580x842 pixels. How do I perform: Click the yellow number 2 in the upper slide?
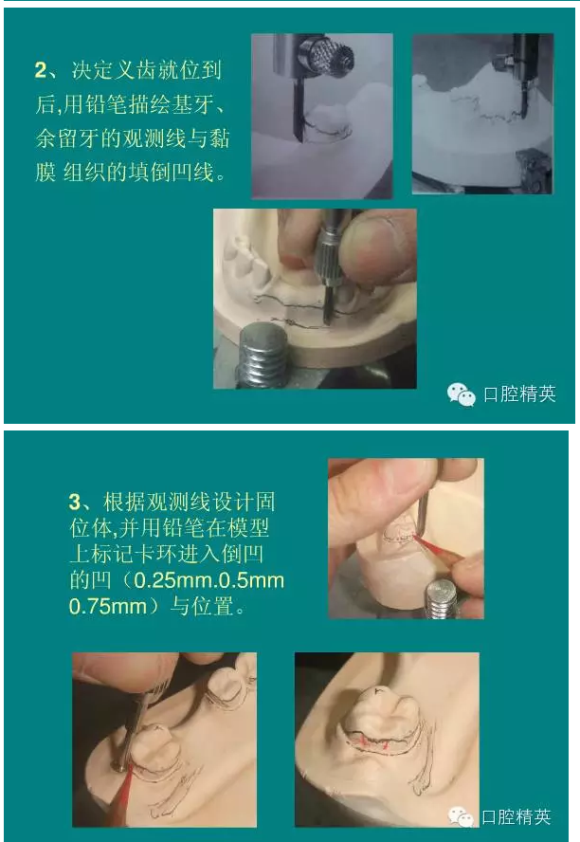(x=41, y=70)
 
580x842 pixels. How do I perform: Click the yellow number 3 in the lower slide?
(x=75, y=503)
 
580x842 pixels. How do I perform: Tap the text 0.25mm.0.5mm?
(x=209, y=580)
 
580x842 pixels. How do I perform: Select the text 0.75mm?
(x=108, y=607)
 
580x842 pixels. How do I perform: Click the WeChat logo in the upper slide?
(x=461, y=394)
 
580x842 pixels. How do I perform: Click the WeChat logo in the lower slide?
(x=461, y=816)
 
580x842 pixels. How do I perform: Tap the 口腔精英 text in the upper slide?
(x=519, y=394)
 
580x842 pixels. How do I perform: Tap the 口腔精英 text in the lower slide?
(x=517, y=816)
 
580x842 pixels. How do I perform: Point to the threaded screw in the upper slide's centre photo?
(x=263, y=356)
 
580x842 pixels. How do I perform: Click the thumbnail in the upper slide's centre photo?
(x=378, y=246)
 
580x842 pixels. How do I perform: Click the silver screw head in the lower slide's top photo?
(x=441, y=597)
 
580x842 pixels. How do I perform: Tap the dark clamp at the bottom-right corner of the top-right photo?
(x=533, y=171)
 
